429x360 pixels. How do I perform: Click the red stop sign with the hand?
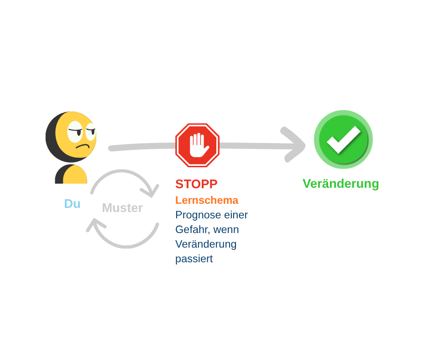click(x=197, y=145)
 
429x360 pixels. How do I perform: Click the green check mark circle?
click(x=343, y=139)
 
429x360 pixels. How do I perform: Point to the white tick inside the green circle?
click(x=344, y=140)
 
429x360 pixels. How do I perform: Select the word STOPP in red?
click(x=196, y=184)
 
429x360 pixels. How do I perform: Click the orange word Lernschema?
click(x=207, y=200)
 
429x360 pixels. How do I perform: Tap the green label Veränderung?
click(x=340, y=184)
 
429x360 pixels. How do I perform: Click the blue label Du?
click(x=72, y=204)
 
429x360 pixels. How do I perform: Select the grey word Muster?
click(x=122, y=208)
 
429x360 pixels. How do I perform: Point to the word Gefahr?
click(x=192, y=230)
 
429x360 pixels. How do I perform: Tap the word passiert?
click(x=194, y=259)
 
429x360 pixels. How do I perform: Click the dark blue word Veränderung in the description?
click(x=206, y=244)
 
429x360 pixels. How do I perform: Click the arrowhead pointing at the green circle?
click(x=294, y=145)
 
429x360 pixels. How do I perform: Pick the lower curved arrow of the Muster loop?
click(x=126, y=247)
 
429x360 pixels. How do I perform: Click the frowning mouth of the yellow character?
click(x=83, y=146)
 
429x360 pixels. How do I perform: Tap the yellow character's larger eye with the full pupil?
click(x=75, y=132)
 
